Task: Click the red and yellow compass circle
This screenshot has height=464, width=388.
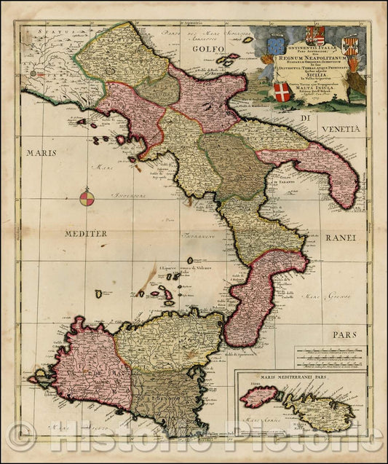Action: pos(85,197)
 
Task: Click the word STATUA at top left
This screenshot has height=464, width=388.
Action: pos(39,33)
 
